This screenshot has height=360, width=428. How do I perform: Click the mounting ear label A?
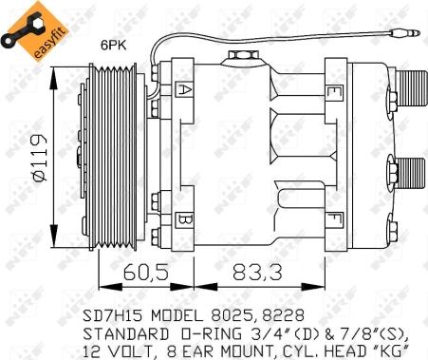click(183, 89)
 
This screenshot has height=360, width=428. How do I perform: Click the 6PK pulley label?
click(114, 46)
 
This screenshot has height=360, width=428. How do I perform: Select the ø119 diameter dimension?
click(39, 158)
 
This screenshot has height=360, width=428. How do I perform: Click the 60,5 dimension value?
click(146, 273)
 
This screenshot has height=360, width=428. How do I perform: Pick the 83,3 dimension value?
click(257, 273)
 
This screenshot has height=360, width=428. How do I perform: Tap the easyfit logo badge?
click(35, 31)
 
